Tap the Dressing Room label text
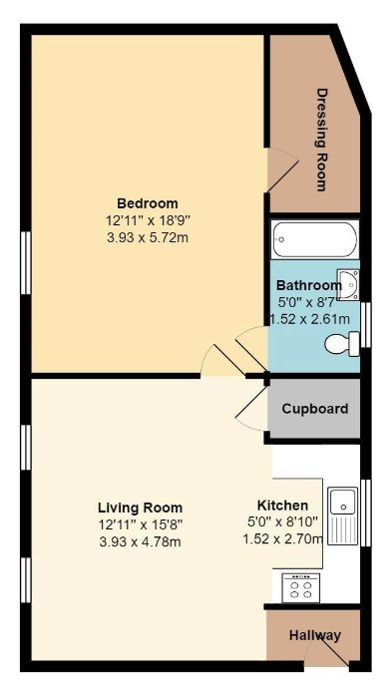[321, 140]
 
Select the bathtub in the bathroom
[314, 239]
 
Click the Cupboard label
[314, 409]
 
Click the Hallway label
[315, 635]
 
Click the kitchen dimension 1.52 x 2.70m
[282, 538]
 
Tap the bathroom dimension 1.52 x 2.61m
[310, 319]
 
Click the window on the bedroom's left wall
[26, 262]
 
